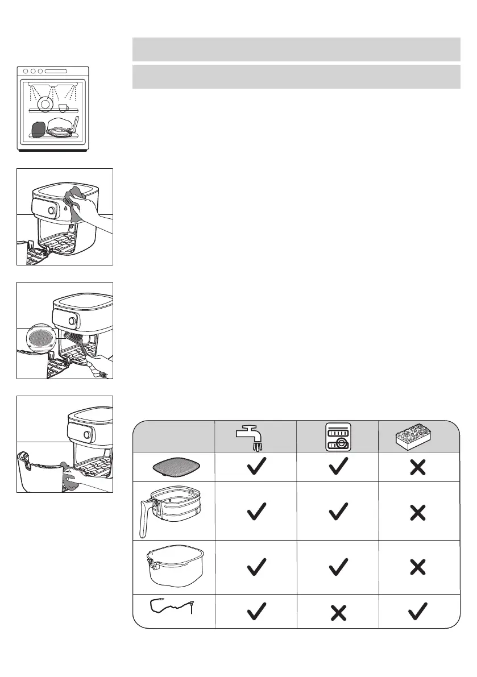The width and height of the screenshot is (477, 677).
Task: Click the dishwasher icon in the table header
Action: coord(338,437)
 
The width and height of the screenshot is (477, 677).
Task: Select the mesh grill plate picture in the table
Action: coord(173,467)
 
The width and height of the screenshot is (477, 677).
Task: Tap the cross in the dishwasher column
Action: coord(337,612)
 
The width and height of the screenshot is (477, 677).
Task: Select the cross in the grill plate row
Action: coord(418,467)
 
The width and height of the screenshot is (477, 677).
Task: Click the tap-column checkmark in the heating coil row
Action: coord(256,612)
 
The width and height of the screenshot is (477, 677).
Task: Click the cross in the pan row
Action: coord(418,567)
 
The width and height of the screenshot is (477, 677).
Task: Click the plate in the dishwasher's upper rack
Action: coord(44,104)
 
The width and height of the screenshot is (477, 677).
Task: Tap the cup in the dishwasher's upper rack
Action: coord(64,107)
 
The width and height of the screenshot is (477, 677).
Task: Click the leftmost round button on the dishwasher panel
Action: coord(26,72)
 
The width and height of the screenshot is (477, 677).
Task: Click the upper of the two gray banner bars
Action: coord(296,49)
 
